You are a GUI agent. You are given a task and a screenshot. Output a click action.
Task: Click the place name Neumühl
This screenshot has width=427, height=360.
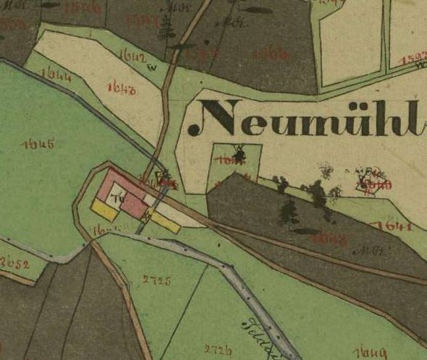pos(308,119)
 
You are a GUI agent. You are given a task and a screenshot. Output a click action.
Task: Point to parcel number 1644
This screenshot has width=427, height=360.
pos(56,74)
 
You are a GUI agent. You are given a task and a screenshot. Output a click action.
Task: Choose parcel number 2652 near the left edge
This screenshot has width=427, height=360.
pos(14,263)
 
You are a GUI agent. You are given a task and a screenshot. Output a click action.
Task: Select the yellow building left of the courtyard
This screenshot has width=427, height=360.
pos(103,210)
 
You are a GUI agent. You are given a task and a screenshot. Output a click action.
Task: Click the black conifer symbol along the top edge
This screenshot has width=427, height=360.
pos(168,29)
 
